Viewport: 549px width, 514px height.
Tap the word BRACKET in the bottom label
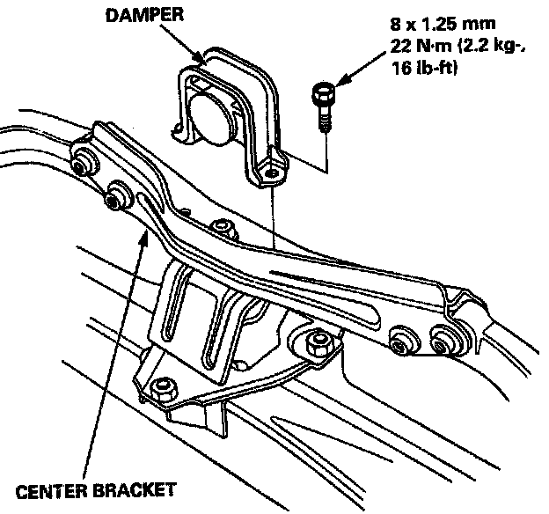click(133, 488)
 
